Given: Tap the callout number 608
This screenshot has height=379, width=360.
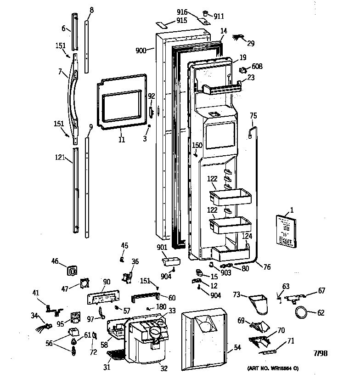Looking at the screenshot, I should [x=257, y=67].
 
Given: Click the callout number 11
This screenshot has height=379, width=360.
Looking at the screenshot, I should [x=121, y=140].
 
